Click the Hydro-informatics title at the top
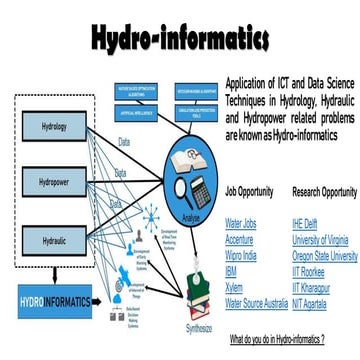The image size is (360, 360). (179, 39)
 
